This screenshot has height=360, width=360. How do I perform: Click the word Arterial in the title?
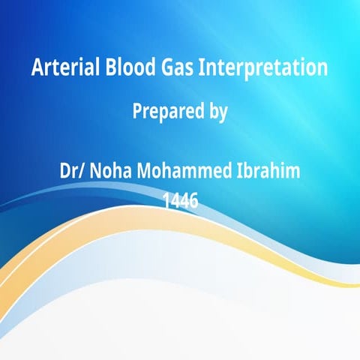58,68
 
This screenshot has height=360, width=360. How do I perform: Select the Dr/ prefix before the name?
73,171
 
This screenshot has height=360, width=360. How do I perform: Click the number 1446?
180,200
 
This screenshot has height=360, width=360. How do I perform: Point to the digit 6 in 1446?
193,200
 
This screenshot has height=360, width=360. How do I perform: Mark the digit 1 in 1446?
166,200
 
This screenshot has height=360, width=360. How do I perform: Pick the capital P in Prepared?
137,112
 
